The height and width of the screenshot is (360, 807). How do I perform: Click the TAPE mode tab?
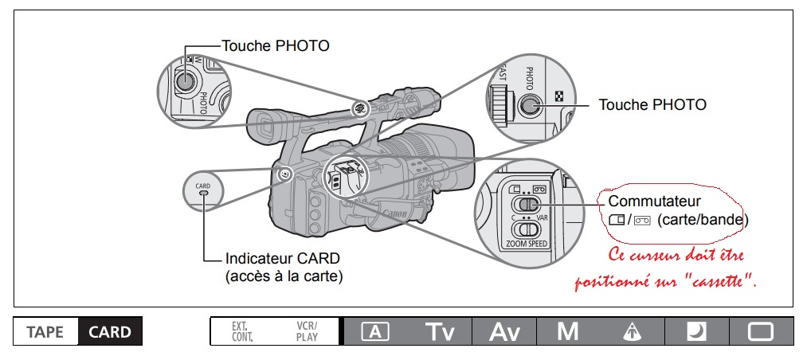click(45, 332)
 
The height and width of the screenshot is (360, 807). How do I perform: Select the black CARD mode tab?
click(110, 332)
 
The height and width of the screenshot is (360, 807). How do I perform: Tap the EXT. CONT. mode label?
click(241, 332)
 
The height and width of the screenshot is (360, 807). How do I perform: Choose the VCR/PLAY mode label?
click(306, 332)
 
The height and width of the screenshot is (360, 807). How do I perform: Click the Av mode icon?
click(503, 332)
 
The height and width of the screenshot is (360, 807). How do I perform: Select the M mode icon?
click(568, 332)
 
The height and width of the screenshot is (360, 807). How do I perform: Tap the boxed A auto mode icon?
click(374, 332)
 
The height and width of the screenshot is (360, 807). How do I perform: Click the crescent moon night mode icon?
click(696, 332)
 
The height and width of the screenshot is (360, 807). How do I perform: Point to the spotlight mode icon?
click(633, 332)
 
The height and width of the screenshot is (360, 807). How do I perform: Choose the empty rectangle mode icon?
click(761, 332)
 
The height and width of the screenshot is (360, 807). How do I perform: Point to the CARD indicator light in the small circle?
click(203, 193)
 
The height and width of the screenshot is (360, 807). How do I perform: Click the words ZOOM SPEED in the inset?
click(527, 244)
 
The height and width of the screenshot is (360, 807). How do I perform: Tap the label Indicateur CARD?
click(283, 260)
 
